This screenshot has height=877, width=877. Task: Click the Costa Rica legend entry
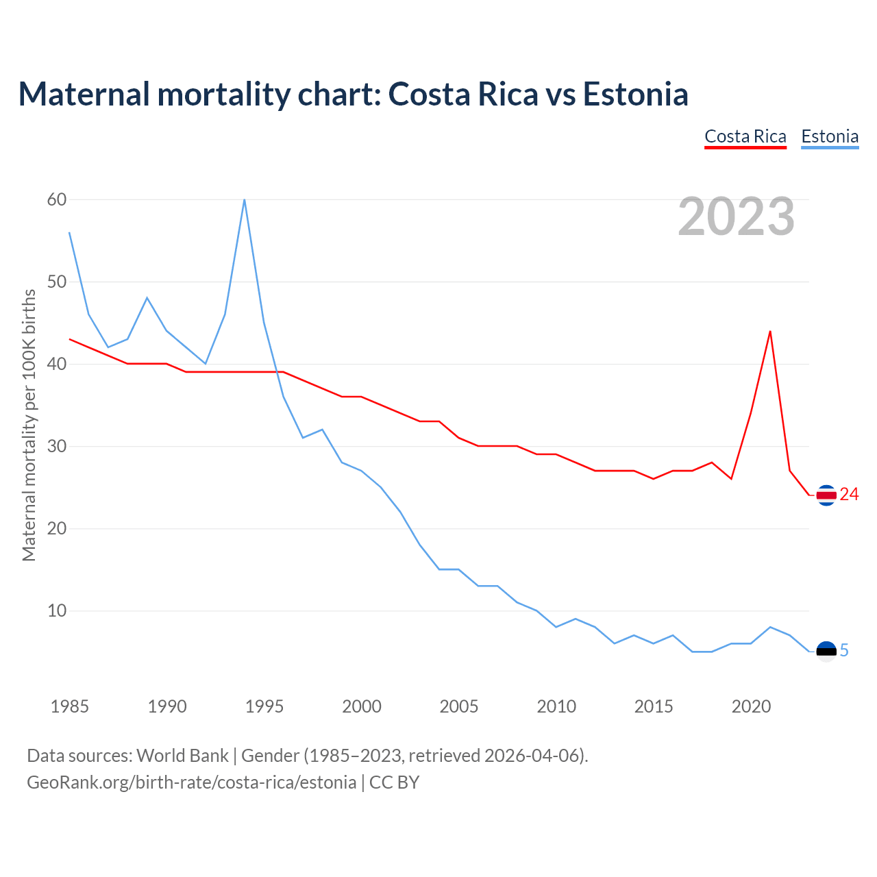tap(745, 137)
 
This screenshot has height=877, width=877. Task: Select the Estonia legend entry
tap(830, 137)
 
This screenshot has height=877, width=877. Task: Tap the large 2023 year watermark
tap(737, 217)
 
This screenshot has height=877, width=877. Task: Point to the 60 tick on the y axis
tap(57, 200)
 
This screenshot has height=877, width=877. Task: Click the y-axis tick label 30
tap(57, 447)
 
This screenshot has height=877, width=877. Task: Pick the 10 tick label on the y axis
tap(57, 611)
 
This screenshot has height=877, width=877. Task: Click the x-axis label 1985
tap(70, 706)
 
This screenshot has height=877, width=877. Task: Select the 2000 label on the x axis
tap(362, 706)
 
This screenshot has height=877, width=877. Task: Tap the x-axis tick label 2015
tap(654, 706)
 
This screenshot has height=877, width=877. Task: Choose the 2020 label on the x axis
tap(751, 706)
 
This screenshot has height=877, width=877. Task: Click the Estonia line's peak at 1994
tap(245, 200)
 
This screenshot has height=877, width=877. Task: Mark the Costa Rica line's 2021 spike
tap(770, 332)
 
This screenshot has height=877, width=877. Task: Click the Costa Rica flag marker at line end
tap(826, 495)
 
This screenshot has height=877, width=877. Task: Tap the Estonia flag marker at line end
tap(826, 651)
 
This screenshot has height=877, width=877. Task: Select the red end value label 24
tap(849, 495)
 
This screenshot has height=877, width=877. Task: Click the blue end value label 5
tap(844, 651)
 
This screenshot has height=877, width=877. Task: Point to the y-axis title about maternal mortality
tap(29, 425)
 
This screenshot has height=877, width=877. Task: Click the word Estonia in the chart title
tap(635, 95)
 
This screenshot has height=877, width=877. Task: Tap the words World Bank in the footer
tap(182, 756)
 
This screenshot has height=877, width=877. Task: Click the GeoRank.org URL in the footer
tap(191, 782)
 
